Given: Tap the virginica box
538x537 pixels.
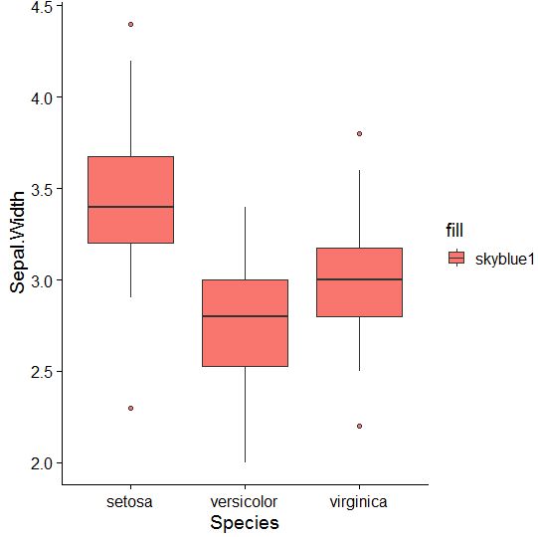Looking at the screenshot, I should (359, 264).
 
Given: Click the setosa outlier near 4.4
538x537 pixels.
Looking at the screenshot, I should (130, 24).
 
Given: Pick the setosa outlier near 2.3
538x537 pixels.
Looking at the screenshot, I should (130, 408).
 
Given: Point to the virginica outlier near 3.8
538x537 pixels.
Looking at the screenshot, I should (359, 133).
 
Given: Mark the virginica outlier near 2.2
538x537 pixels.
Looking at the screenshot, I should (359, 426).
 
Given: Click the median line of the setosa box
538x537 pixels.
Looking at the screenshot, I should (130, 207).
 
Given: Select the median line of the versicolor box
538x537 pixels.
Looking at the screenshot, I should (245, 316).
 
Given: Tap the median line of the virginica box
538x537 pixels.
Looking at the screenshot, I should (359, 279).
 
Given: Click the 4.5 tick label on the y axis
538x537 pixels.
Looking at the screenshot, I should (43, 7).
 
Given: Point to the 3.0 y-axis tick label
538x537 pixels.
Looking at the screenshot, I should (43, 280).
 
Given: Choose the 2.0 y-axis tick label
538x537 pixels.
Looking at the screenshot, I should (43, 463).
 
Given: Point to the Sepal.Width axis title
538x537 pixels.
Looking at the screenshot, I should (18, 244).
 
